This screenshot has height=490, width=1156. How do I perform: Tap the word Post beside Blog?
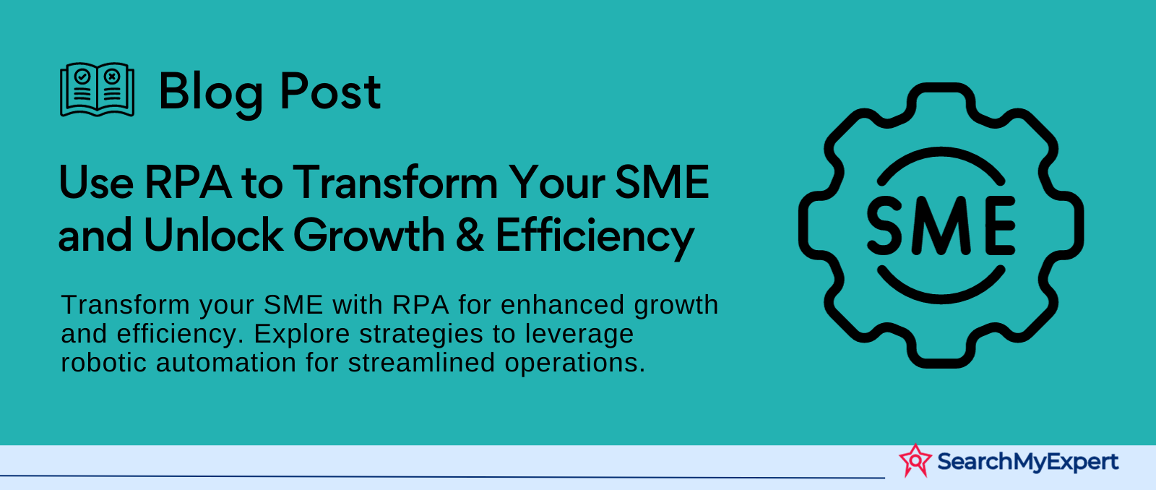pos(330,92)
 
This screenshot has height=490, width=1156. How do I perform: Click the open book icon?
pos(97,90)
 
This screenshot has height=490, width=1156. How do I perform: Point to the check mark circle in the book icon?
pos(82,77)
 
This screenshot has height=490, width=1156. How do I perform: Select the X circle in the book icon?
pos(112,77)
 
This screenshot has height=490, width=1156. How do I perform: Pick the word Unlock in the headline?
pos(212,235)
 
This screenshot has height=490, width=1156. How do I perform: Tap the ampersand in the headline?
pos(470,236)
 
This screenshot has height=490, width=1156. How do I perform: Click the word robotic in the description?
pos(104,363)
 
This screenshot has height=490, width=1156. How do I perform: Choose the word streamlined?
pos(421,363)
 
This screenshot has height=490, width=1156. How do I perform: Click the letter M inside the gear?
pos(941,226)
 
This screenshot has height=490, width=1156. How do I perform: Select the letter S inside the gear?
pos(884,226)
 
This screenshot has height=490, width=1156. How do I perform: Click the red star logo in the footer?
pos(915,460)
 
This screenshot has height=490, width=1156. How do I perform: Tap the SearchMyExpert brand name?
pos(1027,462)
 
